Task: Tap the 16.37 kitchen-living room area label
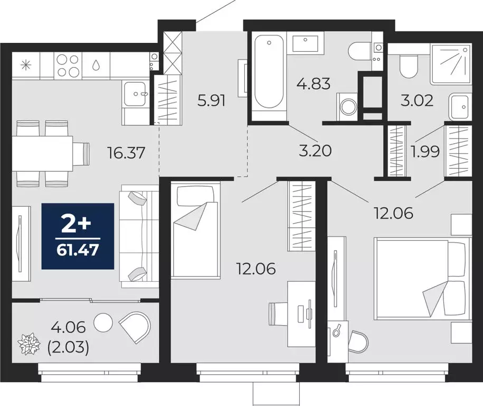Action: tap(125, 153)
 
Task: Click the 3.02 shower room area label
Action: tap(418, 100)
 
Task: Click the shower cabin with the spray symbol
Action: tap(450, 64)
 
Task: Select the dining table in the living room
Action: tap(42, 153)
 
